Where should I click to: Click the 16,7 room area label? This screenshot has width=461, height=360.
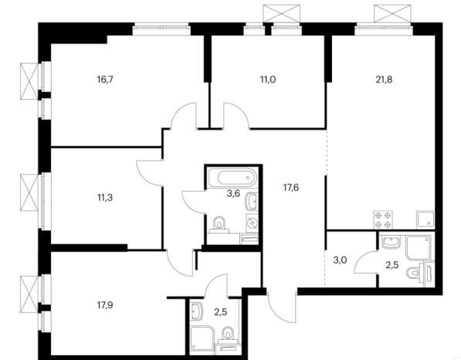[105, 80]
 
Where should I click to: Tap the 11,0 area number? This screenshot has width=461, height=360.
[268, 80]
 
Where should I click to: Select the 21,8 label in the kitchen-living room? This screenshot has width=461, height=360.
[384, 80]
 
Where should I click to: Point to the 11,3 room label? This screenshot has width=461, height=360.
[105, 198]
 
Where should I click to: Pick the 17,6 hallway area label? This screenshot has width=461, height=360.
[291, 188]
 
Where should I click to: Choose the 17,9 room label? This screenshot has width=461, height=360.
[105, 305]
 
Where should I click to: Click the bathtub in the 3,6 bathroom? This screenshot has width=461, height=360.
[232, 177]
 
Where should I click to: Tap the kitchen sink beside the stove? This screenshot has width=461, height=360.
[425, 219]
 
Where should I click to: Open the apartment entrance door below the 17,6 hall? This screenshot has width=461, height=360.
[280, 308]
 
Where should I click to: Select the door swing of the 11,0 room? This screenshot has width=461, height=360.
[236, 116]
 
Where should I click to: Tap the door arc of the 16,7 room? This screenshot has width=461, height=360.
[184, 116]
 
